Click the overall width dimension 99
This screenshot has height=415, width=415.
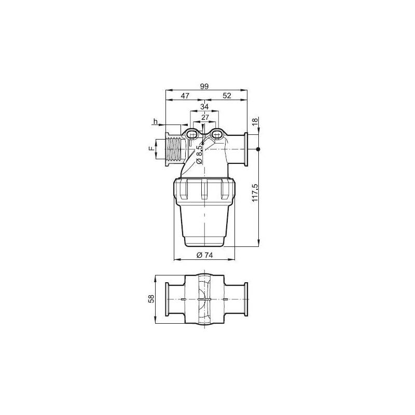point(204,87)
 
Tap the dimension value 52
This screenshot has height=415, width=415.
point(227,96)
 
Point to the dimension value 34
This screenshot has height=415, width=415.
point(204,106)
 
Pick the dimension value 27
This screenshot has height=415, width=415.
point(205,117)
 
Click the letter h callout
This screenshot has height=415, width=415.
point(155,121)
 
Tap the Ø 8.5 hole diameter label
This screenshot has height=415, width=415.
point(199,154)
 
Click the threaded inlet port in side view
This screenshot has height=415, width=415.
point(174,149)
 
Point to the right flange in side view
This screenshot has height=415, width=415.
point(246,149)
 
